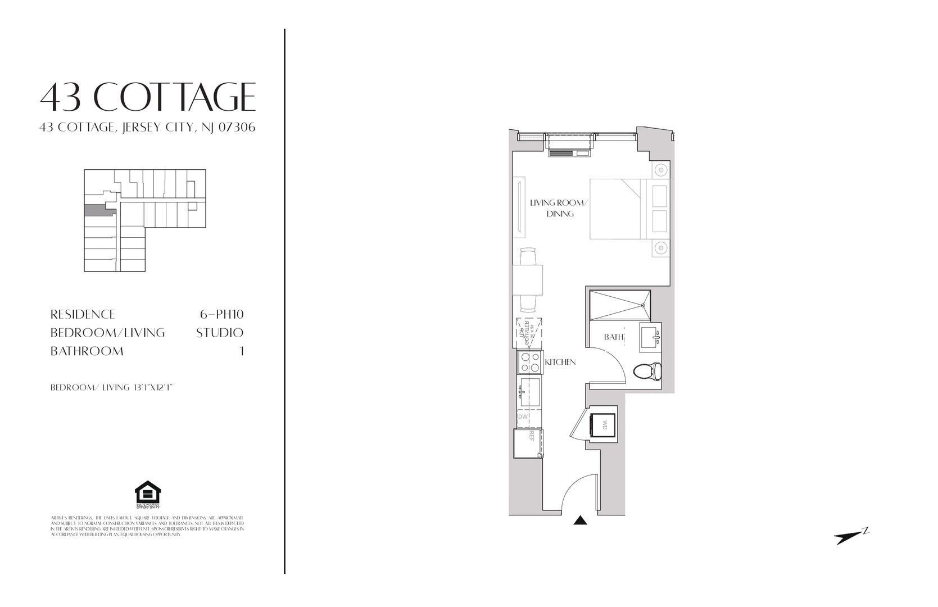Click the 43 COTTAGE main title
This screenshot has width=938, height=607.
[x=148, y=97]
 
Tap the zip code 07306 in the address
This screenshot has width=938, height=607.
[x=238, y=128]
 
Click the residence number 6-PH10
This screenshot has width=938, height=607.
[x=221, y=314]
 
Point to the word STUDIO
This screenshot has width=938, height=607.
[x=220, y=333]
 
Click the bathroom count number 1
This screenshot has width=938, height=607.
[x=242, y=351]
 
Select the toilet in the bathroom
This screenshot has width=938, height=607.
[x=647, y=371]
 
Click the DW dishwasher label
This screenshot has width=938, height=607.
[x=523, y=417]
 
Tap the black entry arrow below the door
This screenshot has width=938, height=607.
[x=580, y=520]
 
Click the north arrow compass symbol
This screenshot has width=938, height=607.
[x=851, y=537]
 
